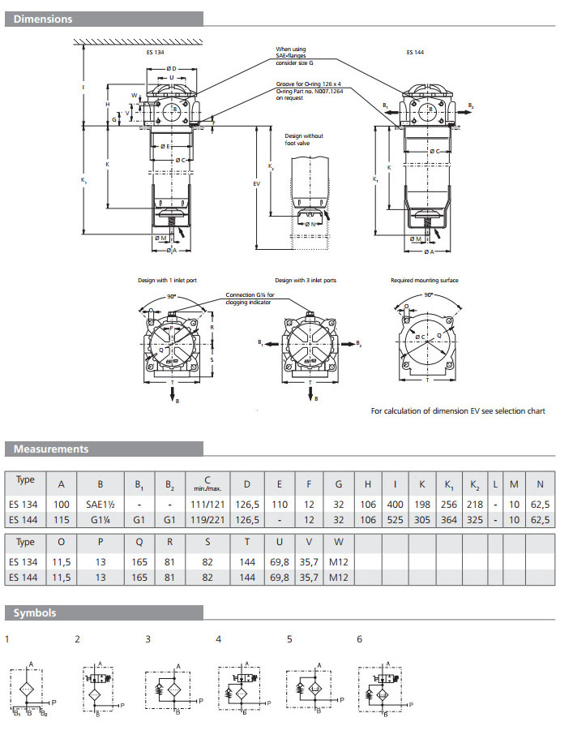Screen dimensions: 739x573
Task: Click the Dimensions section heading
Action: [x=44, y=19]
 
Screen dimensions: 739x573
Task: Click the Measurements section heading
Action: [x=51, y=449]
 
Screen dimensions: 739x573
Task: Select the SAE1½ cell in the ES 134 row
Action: [x=100, y=505]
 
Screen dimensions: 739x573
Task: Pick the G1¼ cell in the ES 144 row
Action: [x=100, y=520]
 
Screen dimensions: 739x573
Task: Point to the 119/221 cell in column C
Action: [x=209, y=520]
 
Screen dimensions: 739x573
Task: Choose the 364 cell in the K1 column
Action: [x=449, y=520]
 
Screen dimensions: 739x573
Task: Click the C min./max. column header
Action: [x=209, y=484]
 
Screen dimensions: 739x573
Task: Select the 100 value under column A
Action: [x=62, y=505]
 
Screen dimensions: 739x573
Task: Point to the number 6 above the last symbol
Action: [x=360, y=639]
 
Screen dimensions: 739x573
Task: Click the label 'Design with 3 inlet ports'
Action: [x=306, y=280]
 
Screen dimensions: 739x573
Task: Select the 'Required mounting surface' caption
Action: [x=425, y=280]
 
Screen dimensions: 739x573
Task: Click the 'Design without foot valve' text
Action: [x=304, y=139]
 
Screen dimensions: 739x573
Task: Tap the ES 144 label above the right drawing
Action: [x=415, y=52]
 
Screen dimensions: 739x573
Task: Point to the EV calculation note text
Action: [x=458, y=411]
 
